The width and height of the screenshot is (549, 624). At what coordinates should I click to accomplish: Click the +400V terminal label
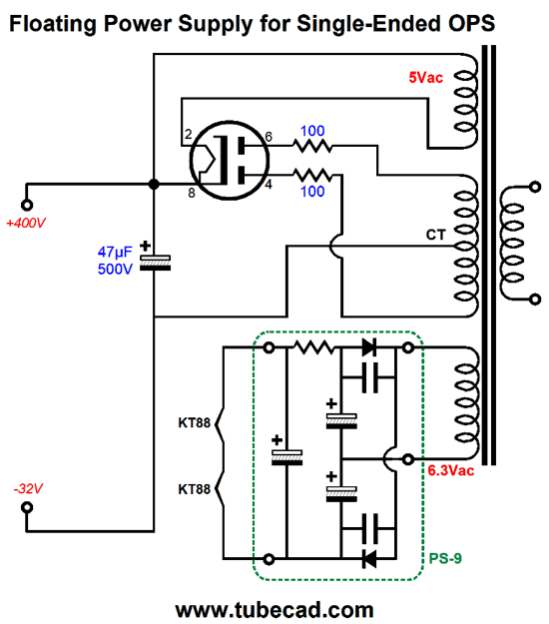[x=26, y=223]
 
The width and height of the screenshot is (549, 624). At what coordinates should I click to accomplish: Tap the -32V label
[x=28, y=488]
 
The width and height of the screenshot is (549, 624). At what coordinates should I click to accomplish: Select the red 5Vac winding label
[x=425, y=77]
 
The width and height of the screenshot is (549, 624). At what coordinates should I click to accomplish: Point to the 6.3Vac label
[x=451, y=471]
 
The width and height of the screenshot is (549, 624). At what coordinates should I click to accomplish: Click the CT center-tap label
[x=436, y=235]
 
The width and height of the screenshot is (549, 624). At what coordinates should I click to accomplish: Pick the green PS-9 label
[x=445, y=558]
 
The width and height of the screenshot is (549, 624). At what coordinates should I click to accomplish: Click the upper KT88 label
[x=194, y=422]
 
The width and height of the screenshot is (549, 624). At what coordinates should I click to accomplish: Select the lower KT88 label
[x=194, y=489]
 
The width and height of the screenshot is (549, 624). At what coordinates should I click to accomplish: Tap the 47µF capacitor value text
[x=115, y=253]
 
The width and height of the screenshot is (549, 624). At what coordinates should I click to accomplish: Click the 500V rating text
[x=115, y=269]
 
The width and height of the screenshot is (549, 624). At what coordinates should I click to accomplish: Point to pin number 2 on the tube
[x=189, y=134]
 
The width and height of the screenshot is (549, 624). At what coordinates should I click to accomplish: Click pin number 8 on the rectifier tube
[x=192, y=193]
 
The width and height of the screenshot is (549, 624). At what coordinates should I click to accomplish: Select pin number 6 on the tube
[x=269, y=137]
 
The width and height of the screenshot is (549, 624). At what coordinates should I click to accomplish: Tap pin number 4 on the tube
[x=269, y=185]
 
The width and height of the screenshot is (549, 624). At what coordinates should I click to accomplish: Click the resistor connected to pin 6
[x=312, y=146]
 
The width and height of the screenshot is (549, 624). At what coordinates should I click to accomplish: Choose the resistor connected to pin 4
[x=312, y=175]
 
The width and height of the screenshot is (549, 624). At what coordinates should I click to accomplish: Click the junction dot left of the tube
[x=154, y=184]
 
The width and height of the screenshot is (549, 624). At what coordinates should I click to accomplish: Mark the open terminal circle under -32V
[x=27, y=507]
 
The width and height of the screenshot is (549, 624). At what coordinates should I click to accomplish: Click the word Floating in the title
[x=53, y=24]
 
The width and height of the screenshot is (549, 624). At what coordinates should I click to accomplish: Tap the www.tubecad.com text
[x=274, y=610]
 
